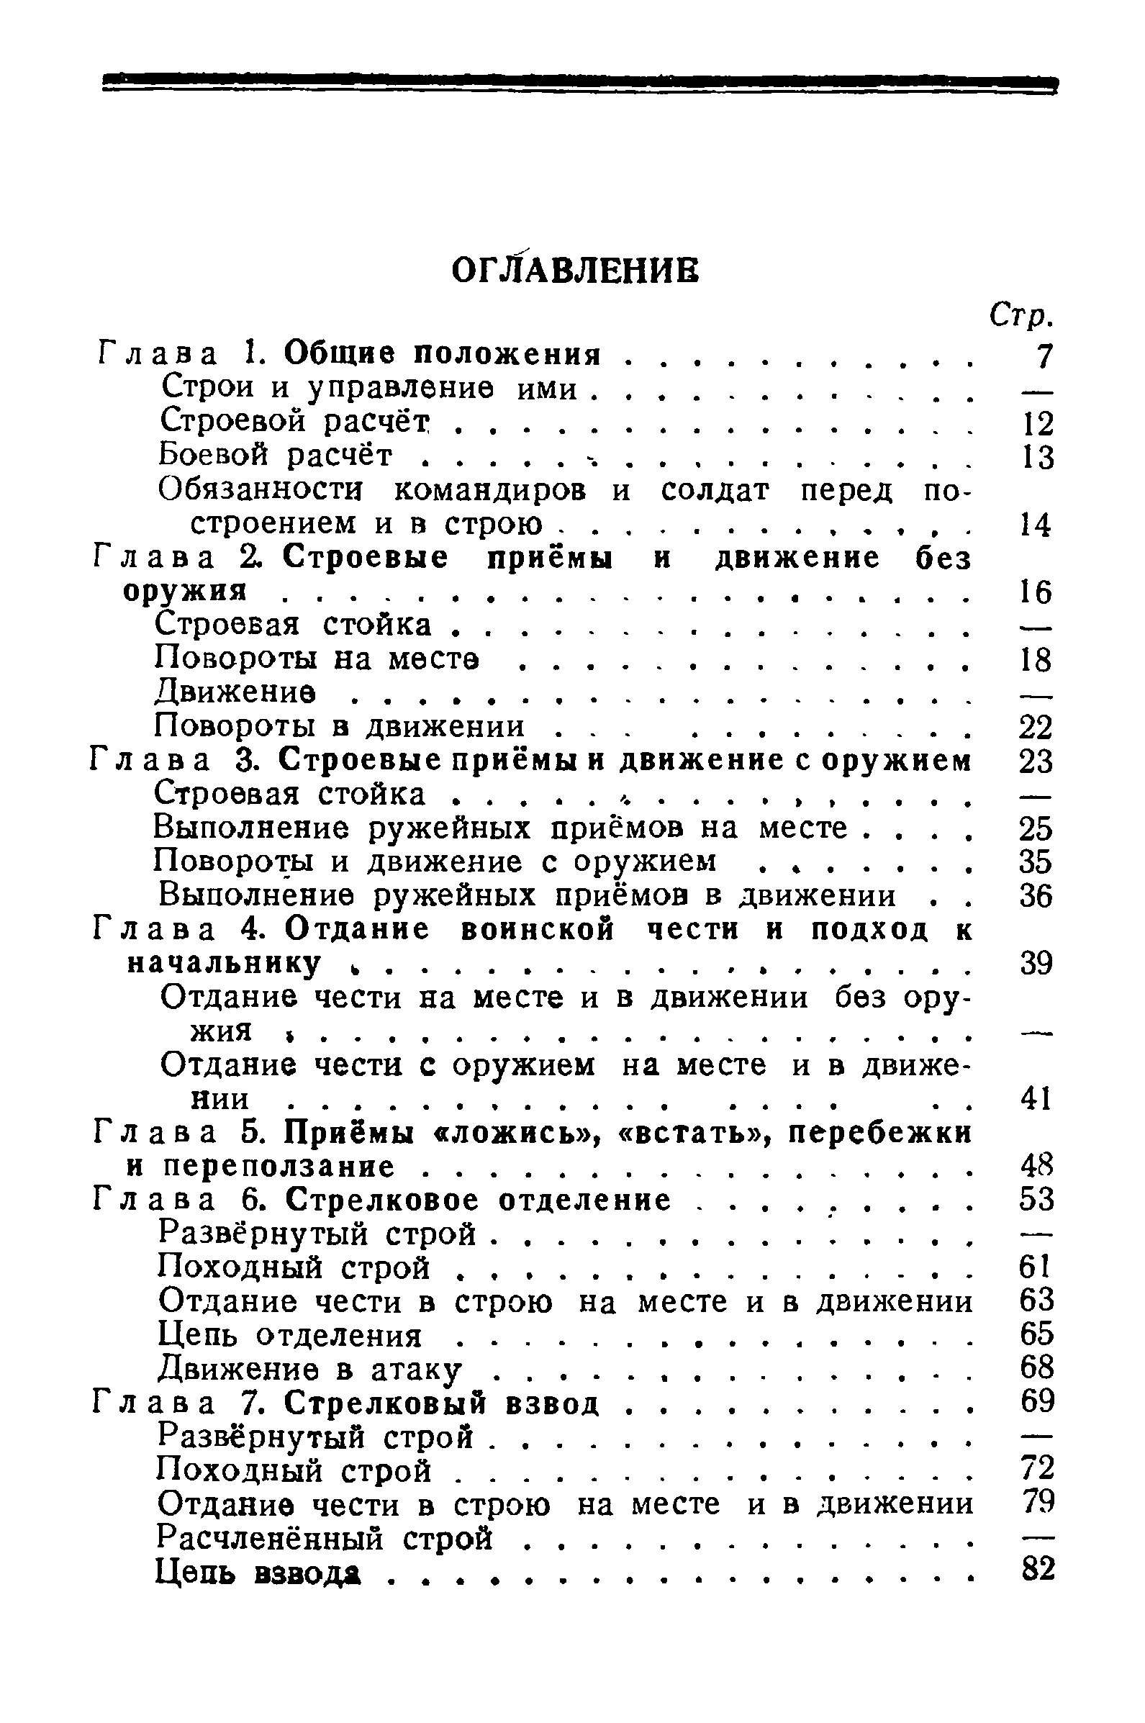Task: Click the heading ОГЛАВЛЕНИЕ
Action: click(575, 270)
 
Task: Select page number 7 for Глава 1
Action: click(1044, 356)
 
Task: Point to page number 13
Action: click(1037, 457)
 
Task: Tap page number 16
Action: click(1036, 592)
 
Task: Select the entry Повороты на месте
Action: click(317, 659)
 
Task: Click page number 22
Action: click(1036, 727)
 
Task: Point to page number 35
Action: click(1036, 862)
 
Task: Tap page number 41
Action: click(1036, 1099)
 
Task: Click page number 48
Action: click(1036, 1166)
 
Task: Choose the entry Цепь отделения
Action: click(290, 1336)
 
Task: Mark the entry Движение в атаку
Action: click(310, 1370)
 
